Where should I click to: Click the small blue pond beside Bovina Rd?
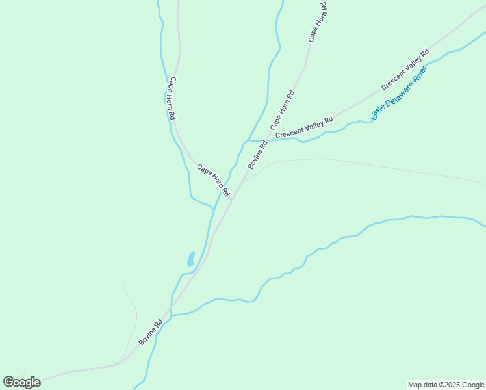(190, 259)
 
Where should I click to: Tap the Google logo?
(21, 382)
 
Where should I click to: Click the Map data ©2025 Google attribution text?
(446, 385)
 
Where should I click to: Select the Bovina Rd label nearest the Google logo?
(150, 331)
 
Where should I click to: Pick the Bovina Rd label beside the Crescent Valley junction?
(257, 155)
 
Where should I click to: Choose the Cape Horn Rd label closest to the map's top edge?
(318, 22)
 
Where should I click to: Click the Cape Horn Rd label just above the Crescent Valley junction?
(282, 108)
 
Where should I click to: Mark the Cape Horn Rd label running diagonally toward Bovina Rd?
(213, 180)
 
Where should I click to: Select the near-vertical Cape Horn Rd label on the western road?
(172, 98)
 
